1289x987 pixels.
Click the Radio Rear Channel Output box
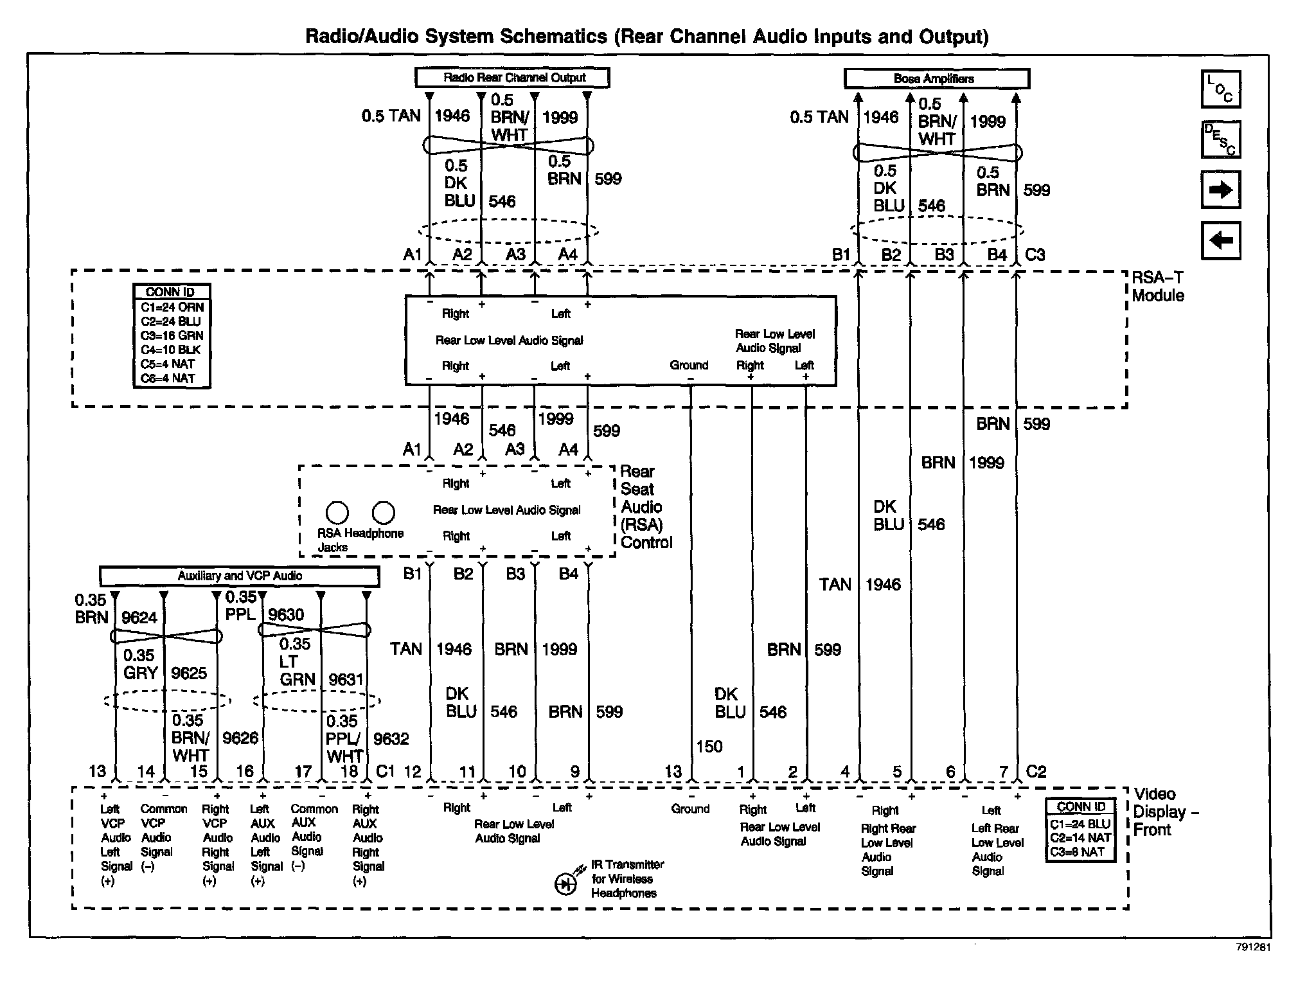coord(512,78)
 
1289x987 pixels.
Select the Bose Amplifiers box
coord(936,78)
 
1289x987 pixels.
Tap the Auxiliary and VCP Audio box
coord(239,576)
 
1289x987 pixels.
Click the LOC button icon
coord(1220,89)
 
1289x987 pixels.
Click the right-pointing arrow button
coord(1220,190)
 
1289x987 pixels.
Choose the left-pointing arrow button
coord(1220,240)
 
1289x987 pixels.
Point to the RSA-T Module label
coord(1158,287)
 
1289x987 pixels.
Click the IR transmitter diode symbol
coord(565,885)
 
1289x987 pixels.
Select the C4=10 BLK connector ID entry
coord(171,350)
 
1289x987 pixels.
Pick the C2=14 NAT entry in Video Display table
coord(1080,837)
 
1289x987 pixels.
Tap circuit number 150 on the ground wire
coord(709,747)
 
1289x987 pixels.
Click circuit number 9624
coord(139,618)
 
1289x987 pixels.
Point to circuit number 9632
coord(391,739)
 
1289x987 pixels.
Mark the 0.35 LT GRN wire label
coord(296,661)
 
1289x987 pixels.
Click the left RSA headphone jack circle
coord(337,513)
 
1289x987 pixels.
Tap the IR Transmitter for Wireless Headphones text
coord(627,878)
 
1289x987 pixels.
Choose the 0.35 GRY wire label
coord(140,664)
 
